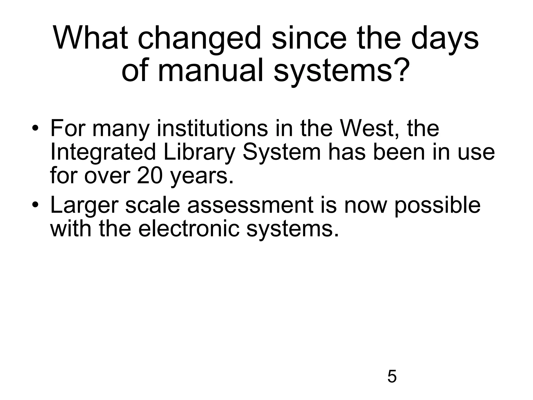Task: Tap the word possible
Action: [437, 206]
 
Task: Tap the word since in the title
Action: [309, 38]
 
